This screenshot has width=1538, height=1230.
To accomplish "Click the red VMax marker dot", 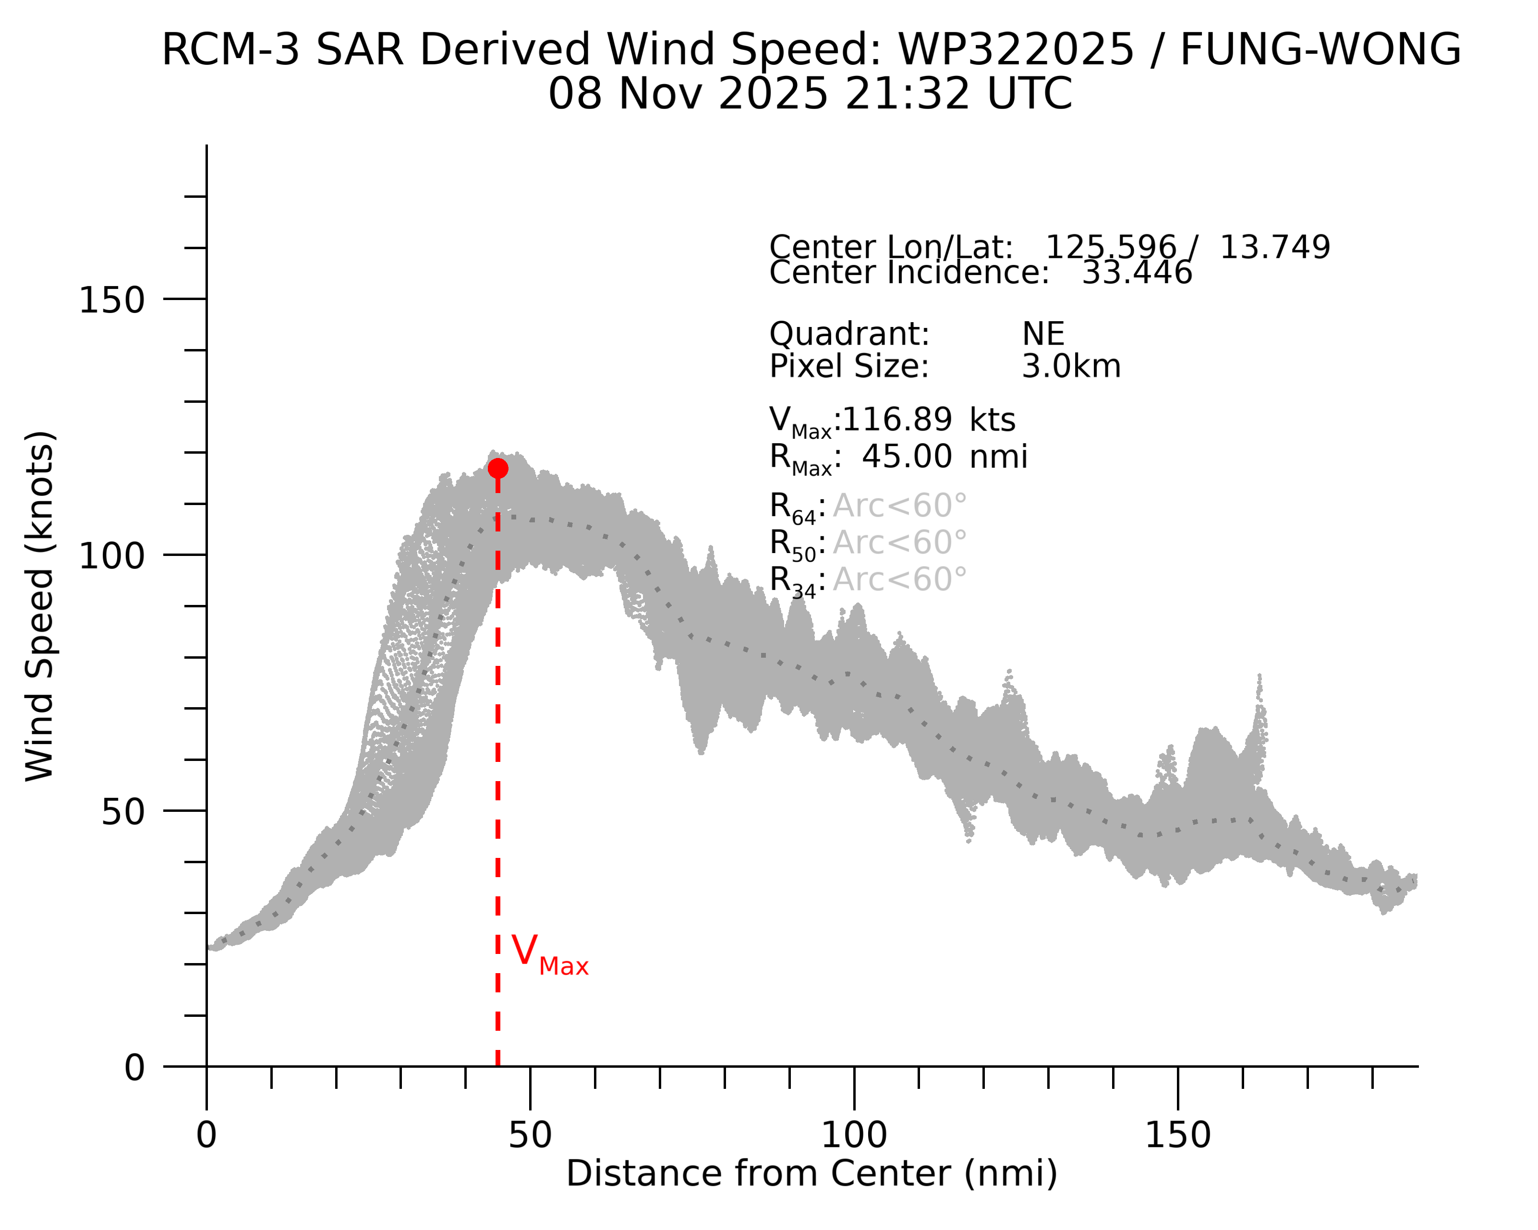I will point(498,469).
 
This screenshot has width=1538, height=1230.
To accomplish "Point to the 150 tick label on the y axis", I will point(111,300).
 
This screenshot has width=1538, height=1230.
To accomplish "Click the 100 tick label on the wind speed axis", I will point(111,556).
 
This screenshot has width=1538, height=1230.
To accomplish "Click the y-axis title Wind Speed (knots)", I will point(40,606).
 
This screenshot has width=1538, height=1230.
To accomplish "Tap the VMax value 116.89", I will point(896,420).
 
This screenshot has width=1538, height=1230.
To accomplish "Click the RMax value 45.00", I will point(906,457).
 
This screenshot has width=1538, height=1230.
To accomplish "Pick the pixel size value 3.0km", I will point(1071,366).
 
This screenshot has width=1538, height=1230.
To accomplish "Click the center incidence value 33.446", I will point(1137,273).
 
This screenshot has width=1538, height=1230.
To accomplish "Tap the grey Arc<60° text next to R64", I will point(899,506).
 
